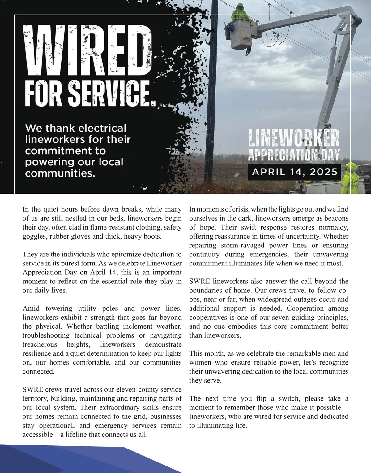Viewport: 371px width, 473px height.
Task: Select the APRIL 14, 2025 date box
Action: [294, 172]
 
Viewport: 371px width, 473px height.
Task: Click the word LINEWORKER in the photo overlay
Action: [294, 138]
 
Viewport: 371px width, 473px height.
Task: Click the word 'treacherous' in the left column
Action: [40, 344]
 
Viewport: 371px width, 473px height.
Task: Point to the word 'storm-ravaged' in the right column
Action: [238, 245]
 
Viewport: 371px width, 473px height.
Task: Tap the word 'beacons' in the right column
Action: [336, 218]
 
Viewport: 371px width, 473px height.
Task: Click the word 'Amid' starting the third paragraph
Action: [30, 309]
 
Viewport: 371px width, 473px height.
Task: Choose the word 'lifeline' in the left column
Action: [75, 435]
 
